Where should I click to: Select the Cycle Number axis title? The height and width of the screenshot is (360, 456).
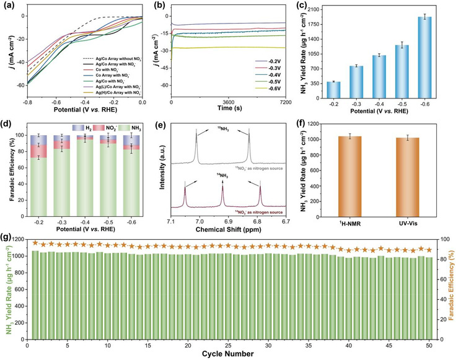pyautogui.click(x=228, y=354)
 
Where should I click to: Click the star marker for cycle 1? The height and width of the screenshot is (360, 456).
pyautogui.click(x=35, y=243)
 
